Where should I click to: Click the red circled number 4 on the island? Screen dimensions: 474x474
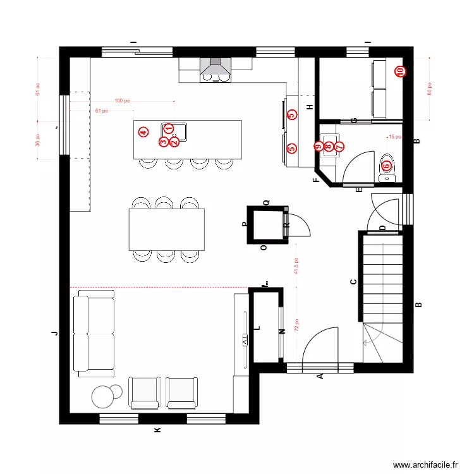click(143, 132)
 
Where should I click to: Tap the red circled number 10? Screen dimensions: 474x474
click(399, 72)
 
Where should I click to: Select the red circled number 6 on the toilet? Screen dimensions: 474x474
click(386, 166)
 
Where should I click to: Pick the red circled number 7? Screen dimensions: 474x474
click(339, 147)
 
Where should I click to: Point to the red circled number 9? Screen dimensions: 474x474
click(318, 147)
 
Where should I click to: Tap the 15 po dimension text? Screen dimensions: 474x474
click(394, 137)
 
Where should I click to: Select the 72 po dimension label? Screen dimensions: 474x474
click(295, 325)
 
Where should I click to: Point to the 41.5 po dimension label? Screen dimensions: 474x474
click(295, 268)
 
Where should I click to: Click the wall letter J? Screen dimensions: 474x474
click(55, 332)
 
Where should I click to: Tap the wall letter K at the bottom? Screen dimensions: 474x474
click(158, 430)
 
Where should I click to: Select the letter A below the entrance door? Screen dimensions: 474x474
click(320, 377)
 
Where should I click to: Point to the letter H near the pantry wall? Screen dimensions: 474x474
click(309, 107)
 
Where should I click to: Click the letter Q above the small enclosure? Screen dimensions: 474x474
click(266, 202)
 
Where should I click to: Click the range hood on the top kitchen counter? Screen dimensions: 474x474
click(215, 68)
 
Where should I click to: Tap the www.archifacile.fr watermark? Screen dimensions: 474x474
click(425, 465)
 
